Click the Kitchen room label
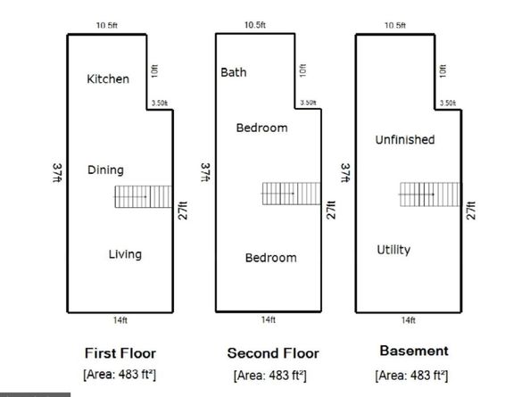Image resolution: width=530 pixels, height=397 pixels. [108, 79]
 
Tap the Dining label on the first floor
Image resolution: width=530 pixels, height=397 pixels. [105, 170]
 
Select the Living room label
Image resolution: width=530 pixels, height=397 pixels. [125, 254]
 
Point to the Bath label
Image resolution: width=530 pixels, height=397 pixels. [234, 72]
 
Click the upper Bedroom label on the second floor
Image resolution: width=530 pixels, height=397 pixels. [262, 128]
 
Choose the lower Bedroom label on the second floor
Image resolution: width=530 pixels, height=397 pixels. [271, 258]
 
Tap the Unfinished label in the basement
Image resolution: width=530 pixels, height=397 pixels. [405, 139]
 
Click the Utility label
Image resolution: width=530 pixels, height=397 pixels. [393, 250]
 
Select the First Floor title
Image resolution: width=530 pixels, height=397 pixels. [120, 353]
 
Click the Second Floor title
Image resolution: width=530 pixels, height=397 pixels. [273, 353]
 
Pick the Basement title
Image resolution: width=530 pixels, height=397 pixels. [414, 351]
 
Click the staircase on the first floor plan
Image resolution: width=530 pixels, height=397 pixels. [143, 196]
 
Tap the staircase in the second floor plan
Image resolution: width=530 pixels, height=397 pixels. [291, 194]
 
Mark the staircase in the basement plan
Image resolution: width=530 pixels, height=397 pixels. [430, 194]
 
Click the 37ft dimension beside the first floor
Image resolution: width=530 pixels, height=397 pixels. [57, 173]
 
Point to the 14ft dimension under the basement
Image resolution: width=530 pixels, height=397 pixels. [409, 320]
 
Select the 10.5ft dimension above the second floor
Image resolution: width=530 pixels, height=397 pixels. [255, 25]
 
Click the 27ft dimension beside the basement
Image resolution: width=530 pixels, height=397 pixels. [471, 211]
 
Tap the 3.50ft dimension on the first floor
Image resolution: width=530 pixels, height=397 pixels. [160, 103]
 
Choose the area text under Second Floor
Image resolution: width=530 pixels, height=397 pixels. [270, 376]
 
